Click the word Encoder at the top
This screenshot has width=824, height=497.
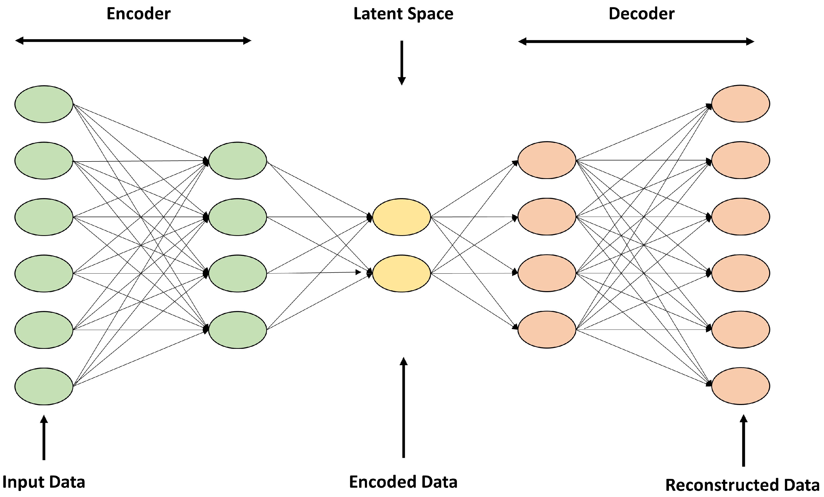coord(138,14)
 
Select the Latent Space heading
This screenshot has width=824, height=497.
coord(403,14)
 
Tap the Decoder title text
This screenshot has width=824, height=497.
coord(641,14)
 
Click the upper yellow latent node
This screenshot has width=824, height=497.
coord(401,217)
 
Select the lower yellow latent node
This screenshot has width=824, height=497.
coord(401,273)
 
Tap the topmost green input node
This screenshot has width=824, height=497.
coord(44,104)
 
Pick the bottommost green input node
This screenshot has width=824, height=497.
coord(44,386)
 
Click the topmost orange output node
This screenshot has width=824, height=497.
coord(740,103)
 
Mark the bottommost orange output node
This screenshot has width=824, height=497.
coord(740,386)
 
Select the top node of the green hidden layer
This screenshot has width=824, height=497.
coord(238,160)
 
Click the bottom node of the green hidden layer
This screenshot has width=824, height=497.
coord(238,330)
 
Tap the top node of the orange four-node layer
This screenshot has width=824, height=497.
coord(547,160)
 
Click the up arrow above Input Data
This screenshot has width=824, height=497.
coord(44,437)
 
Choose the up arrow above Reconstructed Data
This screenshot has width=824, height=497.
coord(743,440)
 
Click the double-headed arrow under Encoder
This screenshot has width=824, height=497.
coord(133,41)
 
